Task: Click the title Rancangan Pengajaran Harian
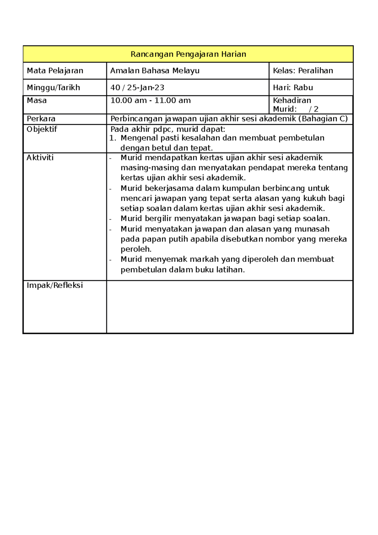[x=188, y=54]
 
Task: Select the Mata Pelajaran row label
[x=55, y=71]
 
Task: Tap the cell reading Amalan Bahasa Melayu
[x=155, y=71]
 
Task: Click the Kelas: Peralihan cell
[x=303, y=71]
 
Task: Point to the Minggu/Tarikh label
[x=53, y=88]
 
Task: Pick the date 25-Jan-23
[x=146, y=88]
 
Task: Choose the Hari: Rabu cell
[x=293, y=88]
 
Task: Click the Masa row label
[x=37, y=101]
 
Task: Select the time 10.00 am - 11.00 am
[x=151, y=101]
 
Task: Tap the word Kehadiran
[x=292, y=101]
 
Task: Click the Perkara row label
[x=41, y=119]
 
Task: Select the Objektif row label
[x=42, y=129]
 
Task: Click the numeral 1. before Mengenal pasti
[x=113, y=138]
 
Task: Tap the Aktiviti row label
[x=40, y=158]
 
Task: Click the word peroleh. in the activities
[x=136, y=249]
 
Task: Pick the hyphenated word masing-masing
[x=150, y=168]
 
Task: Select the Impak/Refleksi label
[x=55, y=285]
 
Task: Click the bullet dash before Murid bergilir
[x=111, y=219]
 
